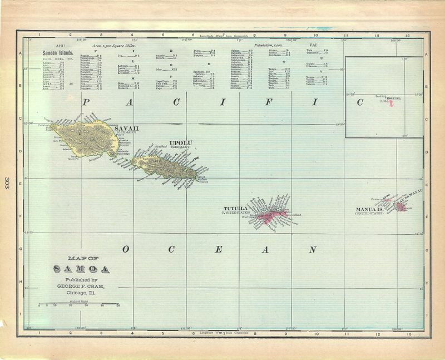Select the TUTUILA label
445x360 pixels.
236,208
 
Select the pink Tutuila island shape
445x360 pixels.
273,215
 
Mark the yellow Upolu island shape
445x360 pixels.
167,166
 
